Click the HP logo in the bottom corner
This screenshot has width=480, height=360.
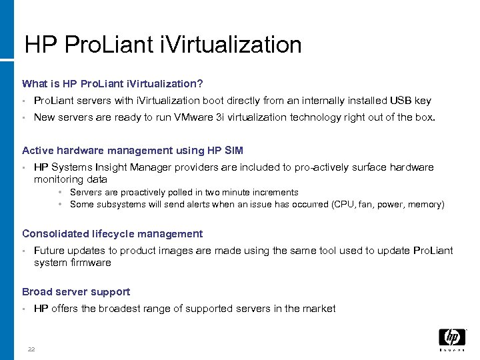452,337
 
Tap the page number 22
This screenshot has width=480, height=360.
31,350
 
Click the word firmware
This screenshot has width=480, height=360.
91,263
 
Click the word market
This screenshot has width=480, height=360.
319,309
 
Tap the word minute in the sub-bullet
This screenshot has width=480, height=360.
239,193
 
